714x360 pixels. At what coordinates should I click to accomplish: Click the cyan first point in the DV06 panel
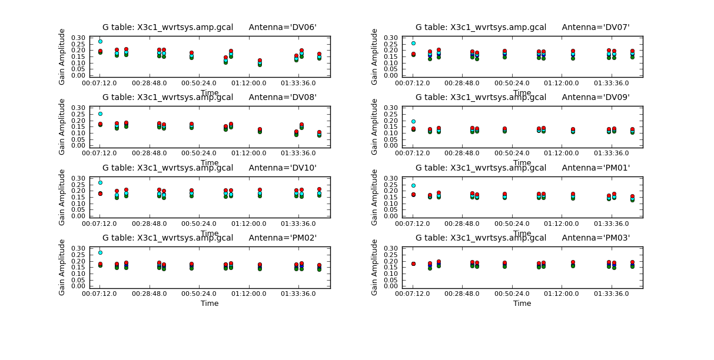click(100, 41)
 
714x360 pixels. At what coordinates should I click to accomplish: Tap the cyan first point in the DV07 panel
click(413, 43)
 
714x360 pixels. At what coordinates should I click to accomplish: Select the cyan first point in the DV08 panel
click(100, 114)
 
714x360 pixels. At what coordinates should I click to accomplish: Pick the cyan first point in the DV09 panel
click(413, 121)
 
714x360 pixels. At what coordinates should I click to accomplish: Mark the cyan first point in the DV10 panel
click(100, 182)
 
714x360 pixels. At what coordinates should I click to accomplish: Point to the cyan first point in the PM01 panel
click(413, 185)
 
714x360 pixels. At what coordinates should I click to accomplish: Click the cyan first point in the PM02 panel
click(100, 252)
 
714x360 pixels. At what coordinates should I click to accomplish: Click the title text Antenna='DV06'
click(283, 27)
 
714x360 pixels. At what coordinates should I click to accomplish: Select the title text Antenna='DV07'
click(596, 27)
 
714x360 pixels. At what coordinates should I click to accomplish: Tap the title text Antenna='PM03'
click(596, 238)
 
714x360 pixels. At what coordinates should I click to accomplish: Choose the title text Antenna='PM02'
click(283, 238)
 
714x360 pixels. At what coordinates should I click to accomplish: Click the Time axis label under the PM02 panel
click(210, 304)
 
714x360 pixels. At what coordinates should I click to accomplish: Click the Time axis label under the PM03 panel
click(522, 304)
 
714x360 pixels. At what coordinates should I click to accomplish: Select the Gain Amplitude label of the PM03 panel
click(374, 267)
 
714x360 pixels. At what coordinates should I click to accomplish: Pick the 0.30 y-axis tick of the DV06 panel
click(79, 38)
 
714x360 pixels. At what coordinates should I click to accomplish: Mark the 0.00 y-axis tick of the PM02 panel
click(79, 286)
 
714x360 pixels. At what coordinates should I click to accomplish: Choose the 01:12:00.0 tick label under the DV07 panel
click(573, 84)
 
